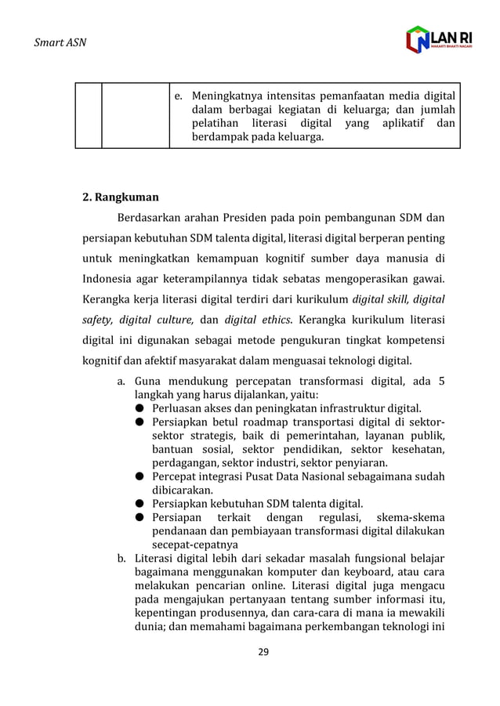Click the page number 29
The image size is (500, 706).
point(263,651)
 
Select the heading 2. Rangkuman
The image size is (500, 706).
point(121,197)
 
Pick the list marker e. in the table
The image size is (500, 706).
point(179,96)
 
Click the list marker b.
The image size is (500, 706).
point(121,559)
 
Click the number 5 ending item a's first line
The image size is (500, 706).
point(441,382)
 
